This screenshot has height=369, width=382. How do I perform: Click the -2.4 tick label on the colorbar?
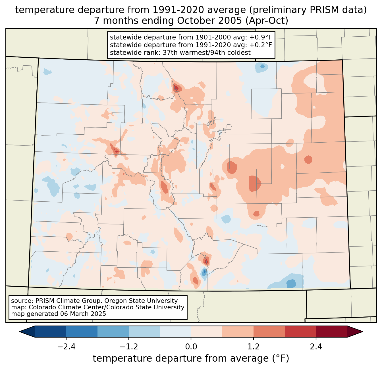tap(66, 347)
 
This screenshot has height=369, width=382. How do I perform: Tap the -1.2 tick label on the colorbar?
tap(128, 347)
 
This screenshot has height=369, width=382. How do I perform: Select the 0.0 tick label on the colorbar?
tap(191, 347)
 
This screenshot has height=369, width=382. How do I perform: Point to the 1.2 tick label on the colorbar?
tap(254, 347)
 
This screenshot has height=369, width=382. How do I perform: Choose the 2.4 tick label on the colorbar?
tap(316, 347)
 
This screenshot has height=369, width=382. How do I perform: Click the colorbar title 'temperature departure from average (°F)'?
tap(191, 358)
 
